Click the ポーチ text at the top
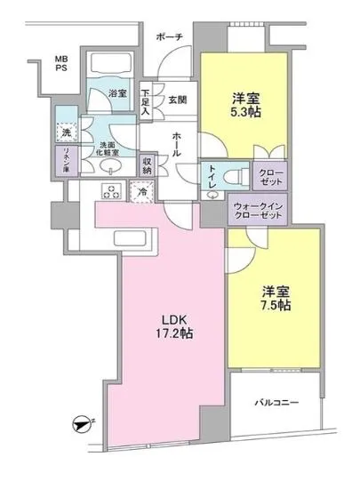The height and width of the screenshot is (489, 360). (x=168, y=37)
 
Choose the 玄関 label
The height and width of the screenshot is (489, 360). (x=178, y=100)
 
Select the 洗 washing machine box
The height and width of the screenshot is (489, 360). (x=63, y=132)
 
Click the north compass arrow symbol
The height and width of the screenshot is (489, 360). (x=81, y=425)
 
